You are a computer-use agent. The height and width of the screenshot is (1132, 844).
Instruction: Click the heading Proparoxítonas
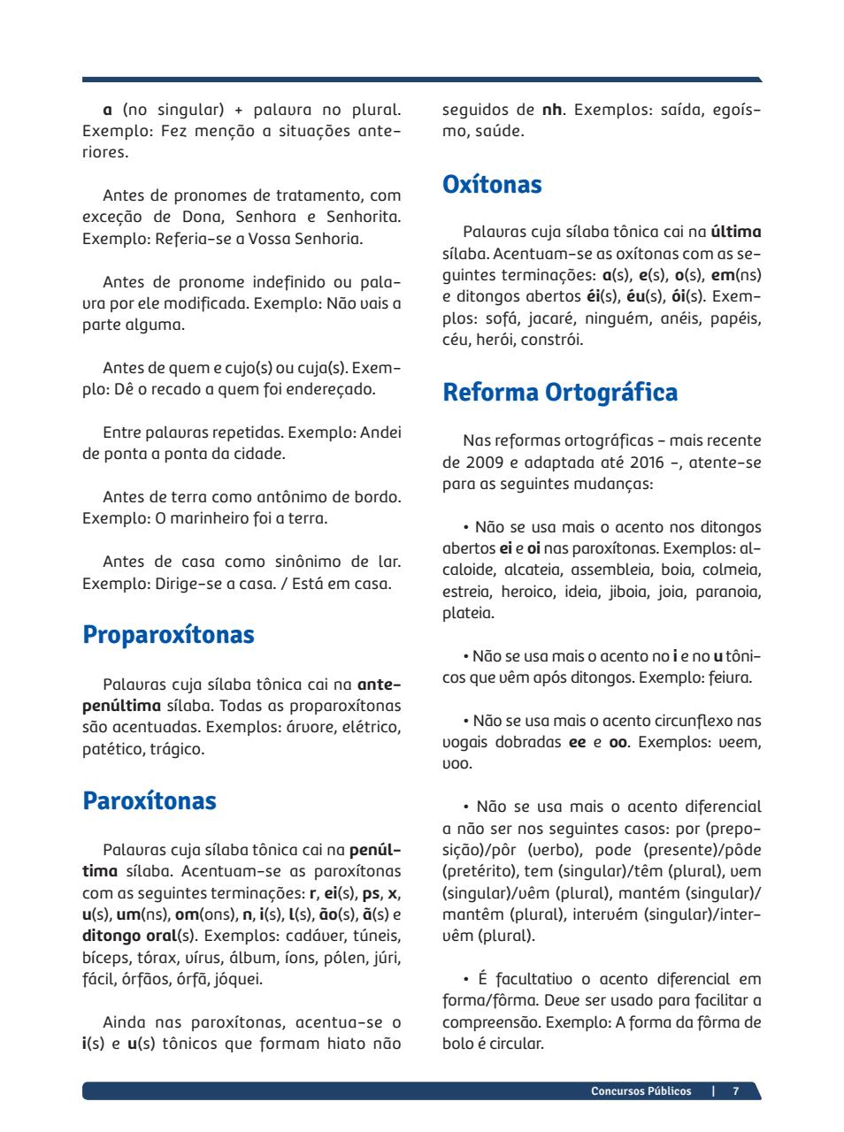168,635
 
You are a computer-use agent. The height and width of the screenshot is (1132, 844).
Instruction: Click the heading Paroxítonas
149,801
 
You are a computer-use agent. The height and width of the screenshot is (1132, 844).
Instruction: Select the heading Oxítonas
492,185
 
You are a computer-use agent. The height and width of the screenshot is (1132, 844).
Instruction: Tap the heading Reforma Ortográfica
560,392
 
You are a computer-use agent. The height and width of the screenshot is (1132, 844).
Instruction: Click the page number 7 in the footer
735,1091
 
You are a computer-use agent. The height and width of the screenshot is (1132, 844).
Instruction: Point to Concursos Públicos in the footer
641,1091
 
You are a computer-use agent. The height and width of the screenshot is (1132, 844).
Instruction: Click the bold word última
736,233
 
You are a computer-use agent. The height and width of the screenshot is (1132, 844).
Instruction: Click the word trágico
177,750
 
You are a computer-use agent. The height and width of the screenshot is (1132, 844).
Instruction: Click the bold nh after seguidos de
551,111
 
